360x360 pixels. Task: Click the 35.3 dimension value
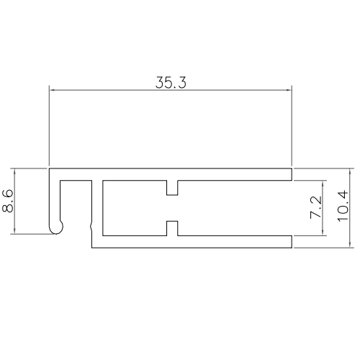[x=171, y=82]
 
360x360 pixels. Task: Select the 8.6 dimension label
[x=8, y=201]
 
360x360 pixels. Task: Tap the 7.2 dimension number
[x=315, y=207]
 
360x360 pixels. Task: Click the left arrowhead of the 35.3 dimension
[x=52, y=90]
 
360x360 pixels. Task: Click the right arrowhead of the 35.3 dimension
[x=288, y=90]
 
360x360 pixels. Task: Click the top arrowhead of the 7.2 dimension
[x=325, y=182]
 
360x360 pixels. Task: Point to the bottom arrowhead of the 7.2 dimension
[x=325, y=232]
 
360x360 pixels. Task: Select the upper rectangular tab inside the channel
[x=171, y=188]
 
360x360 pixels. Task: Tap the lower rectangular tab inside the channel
[x=171, y=228]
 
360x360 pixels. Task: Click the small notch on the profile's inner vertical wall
[x=91, y=227]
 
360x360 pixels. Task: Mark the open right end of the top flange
[x=291, y=174]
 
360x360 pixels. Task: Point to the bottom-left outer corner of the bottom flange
[x=92, y=248]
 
